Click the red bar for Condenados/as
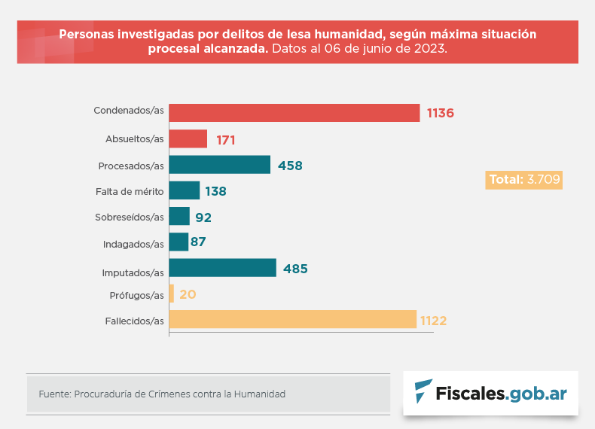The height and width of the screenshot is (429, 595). coord(294,113)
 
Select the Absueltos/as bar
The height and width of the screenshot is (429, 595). coord(188,139)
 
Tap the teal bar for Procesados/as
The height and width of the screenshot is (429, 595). coord(219,165)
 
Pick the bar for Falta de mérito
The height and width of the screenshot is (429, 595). coord(184,190)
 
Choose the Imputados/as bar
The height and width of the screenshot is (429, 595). coord(222,268)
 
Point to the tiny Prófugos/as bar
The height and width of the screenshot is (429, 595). coord(172,294)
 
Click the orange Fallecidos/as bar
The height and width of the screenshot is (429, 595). coord(292,320)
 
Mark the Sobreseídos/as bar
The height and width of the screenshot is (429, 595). coord(179,217)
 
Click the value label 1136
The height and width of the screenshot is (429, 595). coord(441,114)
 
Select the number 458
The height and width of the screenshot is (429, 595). coord(289,166)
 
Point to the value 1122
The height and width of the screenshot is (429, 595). coord(434,321)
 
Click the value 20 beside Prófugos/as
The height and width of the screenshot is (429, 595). coord(188,294)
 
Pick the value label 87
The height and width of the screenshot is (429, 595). coord(198,242)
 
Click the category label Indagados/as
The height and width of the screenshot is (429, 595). coord(133,244)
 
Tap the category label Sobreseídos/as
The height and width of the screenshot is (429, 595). coord(130,218)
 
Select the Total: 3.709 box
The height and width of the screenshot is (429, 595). coord(524,180)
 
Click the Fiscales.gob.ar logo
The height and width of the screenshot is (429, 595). coord(490,393)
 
